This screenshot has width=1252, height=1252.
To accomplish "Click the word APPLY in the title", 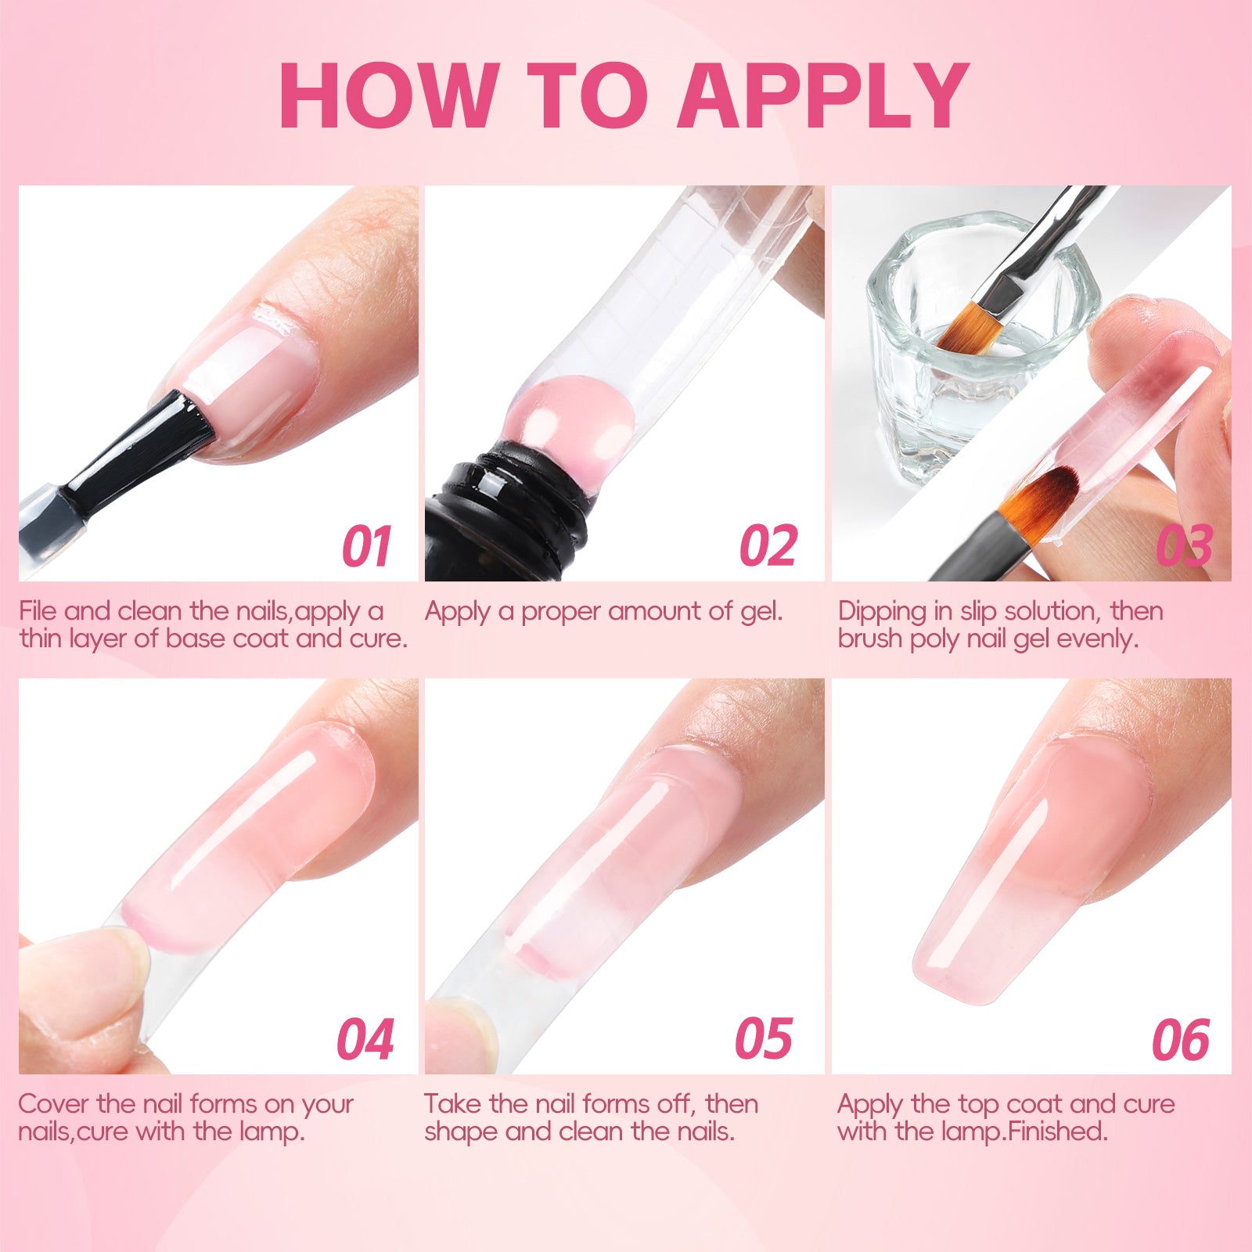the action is (x=823, y=95).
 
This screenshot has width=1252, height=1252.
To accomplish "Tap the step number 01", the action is (x=366, y=546).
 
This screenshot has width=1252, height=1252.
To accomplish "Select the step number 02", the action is (x=768, y=546).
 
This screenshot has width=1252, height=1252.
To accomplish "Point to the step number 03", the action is (x=1185, y=546).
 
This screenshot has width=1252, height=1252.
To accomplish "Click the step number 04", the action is (x=365, y=1039).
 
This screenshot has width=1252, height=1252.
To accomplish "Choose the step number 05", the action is (x=764, y=1039).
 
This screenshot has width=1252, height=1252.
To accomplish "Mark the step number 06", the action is (x=1181, y=1039).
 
